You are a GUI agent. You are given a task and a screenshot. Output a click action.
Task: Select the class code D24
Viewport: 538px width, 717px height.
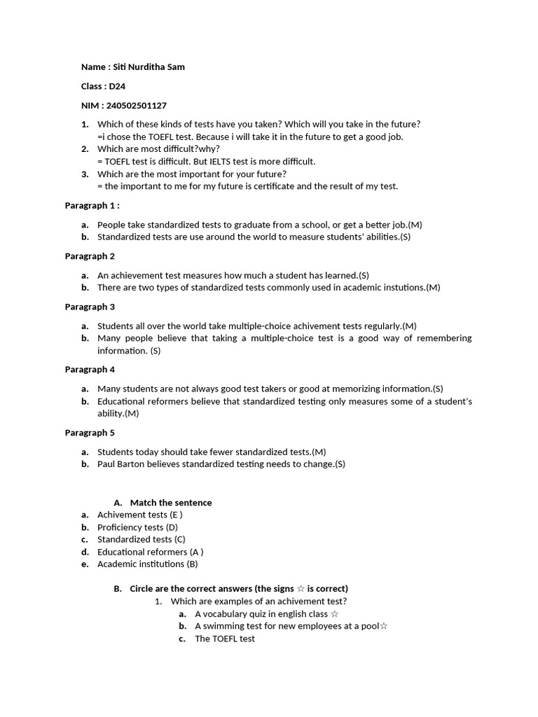point(117,86)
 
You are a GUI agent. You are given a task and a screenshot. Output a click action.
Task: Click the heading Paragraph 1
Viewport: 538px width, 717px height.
point(92,206)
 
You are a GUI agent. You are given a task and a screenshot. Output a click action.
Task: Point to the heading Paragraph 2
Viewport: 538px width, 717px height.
point(90,256)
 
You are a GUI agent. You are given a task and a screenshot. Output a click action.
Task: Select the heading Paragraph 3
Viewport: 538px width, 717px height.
point(90,307)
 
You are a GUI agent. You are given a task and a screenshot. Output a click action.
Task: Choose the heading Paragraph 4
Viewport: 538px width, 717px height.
point(90,369)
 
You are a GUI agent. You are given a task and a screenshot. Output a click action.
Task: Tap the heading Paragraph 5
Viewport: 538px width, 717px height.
point(90,433)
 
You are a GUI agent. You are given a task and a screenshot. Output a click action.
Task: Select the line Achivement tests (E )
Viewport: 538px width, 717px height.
point(140,515)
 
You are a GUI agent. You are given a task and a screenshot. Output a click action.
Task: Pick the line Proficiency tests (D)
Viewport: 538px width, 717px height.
point(137,527)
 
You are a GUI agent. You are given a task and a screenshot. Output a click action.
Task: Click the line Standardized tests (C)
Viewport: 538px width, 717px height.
point(141,539)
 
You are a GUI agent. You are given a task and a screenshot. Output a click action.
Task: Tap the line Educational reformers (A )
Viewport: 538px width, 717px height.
point(150,552)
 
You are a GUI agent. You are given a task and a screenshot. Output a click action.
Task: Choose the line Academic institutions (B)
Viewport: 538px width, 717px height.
point(147,564)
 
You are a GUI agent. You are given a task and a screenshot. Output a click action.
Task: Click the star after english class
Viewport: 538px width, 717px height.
point(334,614)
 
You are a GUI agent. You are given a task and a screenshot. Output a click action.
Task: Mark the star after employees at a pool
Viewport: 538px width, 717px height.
point(383,626)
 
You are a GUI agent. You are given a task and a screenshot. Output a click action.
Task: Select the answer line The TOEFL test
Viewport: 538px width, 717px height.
point(225,639)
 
